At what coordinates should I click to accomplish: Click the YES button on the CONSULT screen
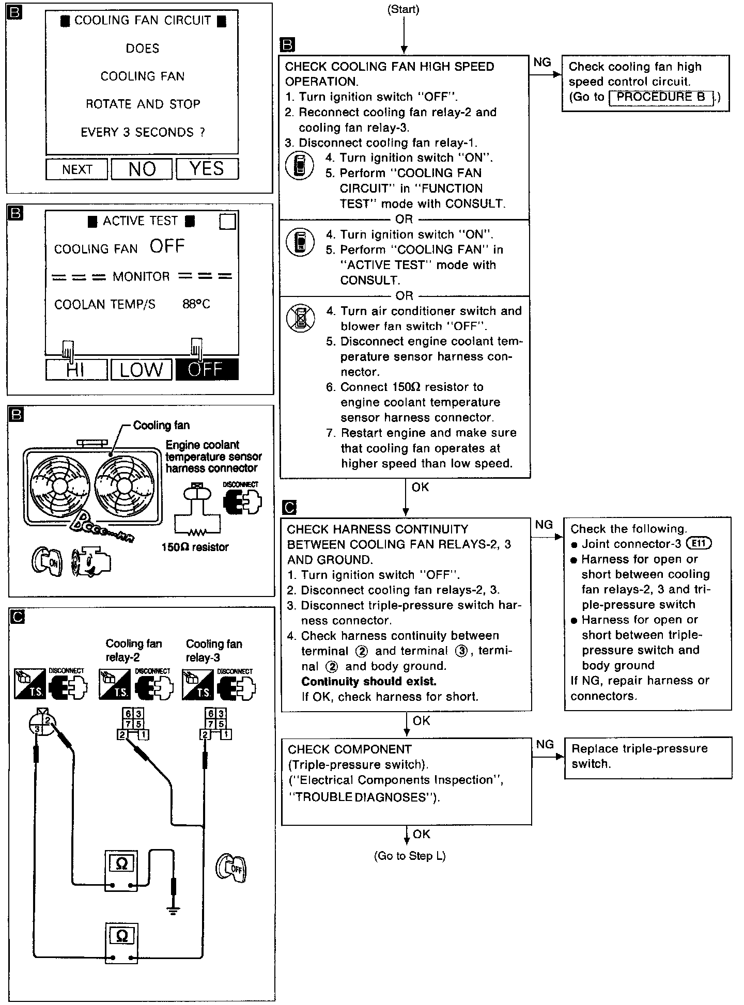click(207, 169)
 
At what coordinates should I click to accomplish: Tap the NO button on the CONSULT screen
click(142, 169)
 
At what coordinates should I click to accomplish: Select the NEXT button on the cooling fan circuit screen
click(77, 169)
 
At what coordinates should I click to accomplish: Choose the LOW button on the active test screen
click(141, 370)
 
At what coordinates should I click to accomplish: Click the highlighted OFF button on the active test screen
click(207, 370)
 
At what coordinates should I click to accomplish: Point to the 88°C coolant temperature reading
click(196, 304)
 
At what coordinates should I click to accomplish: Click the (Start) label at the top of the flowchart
click(404, 9)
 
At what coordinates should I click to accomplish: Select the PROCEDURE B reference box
click(661, 97)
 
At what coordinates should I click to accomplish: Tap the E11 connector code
click(698, 543)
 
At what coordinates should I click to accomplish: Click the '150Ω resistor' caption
click(195, 547)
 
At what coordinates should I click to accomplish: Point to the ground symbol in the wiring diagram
click(174, 910)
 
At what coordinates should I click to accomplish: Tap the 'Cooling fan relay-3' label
click(214, 651)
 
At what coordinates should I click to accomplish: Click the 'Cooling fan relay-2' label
click(134, 651)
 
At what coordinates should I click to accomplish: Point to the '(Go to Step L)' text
click(410, 856)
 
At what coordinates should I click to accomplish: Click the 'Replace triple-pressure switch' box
click(648, 757)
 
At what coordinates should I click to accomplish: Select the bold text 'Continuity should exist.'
click(369, 681)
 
